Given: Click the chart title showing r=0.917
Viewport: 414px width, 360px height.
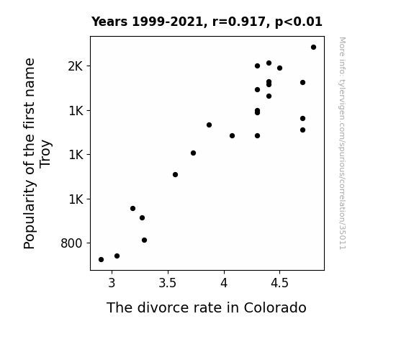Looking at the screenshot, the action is tap(207, 22).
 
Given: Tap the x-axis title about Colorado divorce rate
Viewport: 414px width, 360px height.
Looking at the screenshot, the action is tap(206, 308).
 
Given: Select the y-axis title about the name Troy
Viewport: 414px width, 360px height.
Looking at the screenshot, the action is tap(37, 153).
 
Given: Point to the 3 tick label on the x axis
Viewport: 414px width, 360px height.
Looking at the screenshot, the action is tap(112, 283).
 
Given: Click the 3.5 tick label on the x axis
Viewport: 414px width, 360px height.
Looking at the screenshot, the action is tap(168, 283).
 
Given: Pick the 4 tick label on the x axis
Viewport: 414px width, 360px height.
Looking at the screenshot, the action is tap(224, 283).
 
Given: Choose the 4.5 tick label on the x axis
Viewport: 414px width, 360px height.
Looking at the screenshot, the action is tap(279, 283).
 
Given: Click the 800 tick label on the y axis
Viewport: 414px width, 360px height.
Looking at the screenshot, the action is tap(71, 243).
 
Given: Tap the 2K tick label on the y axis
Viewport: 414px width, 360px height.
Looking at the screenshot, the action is tap(76, 66).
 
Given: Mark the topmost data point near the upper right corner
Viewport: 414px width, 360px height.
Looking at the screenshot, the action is tap(313, 48).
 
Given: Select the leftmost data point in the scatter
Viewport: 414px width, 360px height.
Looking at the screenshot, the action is tap(101, 260).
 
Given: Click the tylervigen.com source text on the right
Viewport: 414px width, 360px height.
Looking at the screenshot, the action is tap(342, 143).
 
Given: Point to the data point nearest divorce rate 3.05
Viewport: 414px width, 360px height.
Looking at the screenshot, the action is tap(117, 256).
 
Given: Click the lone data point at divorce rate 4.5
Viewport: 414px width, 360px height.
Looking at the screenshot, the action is tap(279, 68).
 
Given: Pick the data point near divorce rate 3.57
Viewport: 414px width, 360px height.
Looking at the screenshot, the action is tap(175, 174).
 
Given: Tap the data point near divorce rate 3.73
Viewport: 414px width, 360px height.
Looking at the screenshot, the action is tap(193, 153).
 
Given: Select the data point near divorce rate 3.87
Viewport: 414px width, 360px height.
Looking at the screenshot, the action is tap(209, 125).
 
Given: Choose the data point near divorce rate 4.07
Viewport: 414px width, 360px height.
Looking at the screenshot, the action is tap(232, 136).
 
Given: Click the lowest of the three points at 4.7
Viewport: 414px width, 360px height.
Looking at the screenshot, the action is tap(302, 130).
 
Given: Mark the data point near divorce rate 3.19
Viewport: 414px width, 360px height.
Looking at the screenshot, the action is tap(132, 208).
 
